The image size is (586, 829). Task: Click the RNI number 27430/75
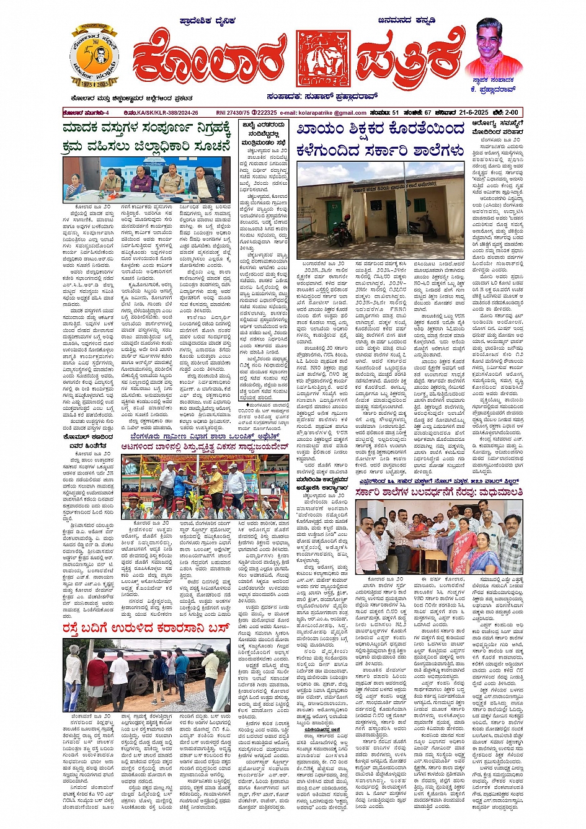coord(233,112)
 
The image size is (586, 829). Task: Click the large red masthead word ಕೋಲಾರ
coord(211,62)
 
